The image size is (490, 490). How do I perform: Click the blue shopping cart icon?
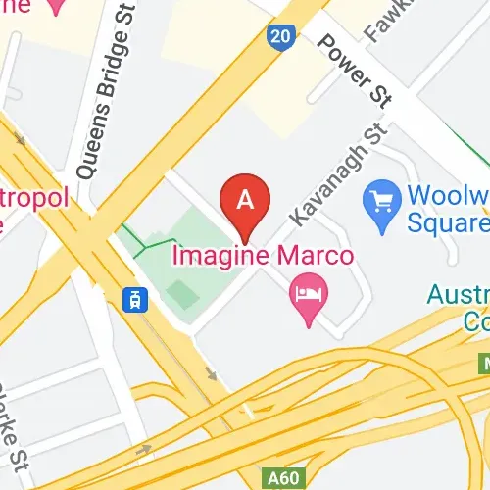pyautogui.click(x=378, y=203)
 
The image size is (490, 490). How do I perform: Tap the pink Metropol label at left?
pyautogui.click(x=34, y=199)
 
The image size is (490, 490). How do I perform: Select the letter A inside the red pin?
pyautogui.click(x=246, y=199)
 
